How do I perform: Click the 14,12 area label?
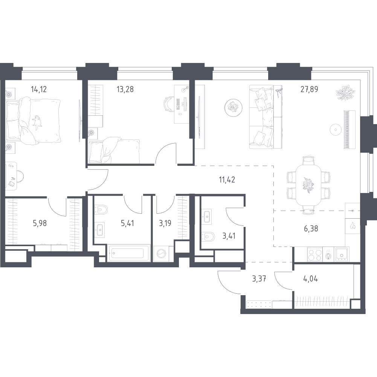tap(39, 89)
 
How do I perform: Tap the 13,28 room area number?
tap(125, 89)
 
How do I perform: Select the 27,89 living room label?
tap(309, 89)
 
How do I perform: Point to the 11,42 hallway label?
tap(227, 179)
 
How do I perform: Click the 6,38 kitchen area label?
tap(311, 228)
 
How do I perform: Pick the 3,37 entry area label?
tap(259, 279)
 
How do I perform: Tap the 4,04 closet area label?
tap(311, 279)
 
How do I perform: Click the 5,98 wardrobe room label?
tap(40, 223)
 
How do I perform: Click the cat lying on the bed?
tap(37, 122)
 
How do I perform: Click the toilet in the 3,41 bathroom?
tap(208, 237)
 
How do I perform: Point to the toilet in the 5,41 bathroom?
tap(101, 209)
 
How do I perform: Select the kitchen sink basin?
tap(342, 254)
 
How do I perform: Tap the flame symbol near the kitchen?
tap(353, 226)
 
